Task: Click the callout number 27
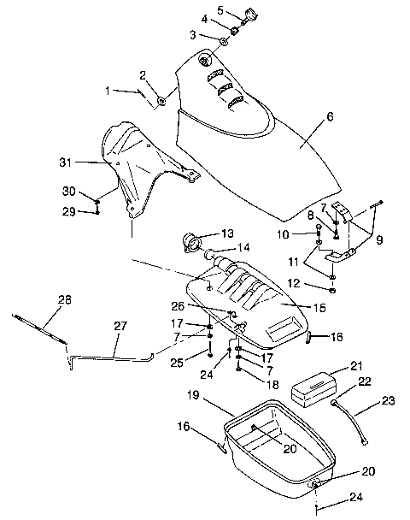pyautogui.click(x=120, y=327)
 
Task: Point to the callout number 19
pyautogui.click(x=193, y=396)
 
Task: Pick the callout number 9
pyautogui.click(x=367, y=239)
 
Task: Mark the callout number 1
pyautogui.click(x=108, y=89)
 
